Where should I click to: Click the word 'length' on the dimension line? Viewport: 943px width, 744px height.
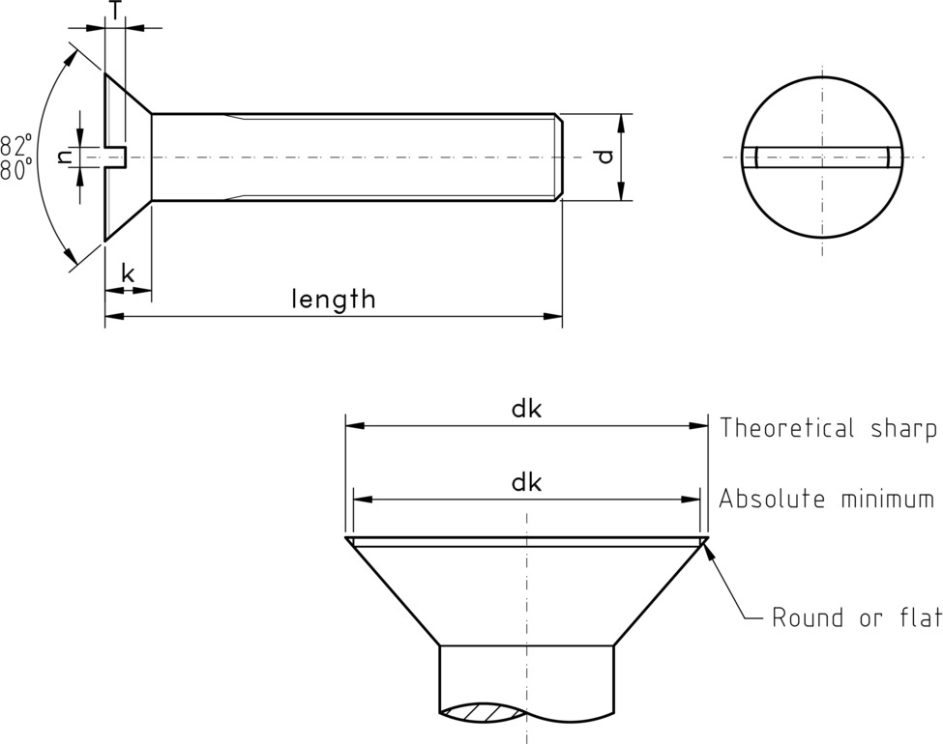(x=334, y=299)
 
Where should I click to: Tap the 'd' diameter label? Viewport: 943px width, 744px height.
(x=604, y=156)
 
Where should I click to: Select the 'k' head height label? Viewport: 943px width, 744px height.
(x=128, y=273)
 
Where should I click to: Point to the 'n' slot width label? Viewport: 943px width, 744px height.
(x=65, y=156)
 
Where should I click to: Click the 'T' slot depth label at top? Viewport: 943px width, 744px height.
(x=115, y=10)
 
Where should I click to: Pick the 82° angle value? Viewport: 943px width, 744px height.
(x=15, y=145)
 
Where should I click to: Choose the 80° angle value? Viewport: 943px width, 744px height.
(x=15, y=169)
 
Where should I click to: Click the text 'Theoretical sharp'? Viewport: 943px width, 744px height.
(x=827, y=428)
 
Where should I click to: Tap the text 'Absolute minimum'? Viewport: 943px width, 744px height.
(x=826, y=500)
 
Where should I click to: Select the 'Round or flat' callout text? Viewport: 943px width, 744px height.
(x=856, y=618)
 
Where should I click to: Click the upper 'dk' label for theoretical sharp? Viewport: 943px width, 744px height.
(x=526, y=409)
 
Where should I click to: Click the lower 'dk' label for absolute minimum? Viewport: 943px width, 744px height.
(x=526, y=482)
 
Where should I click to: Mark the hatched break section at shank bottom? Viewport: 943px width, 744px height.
(x=484, y=711)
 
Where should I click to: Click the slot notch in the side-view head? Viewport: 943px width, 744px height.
(x=116, y=156)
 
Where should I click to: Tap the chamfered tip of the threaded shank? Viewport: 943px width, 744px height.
(x=559, y=157)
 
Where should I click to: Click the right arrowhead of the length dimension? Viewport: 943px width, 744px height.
(x=555, y=316)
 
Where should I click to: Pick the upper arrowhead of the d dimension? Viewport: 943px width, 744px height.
(x=621, y=121)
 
